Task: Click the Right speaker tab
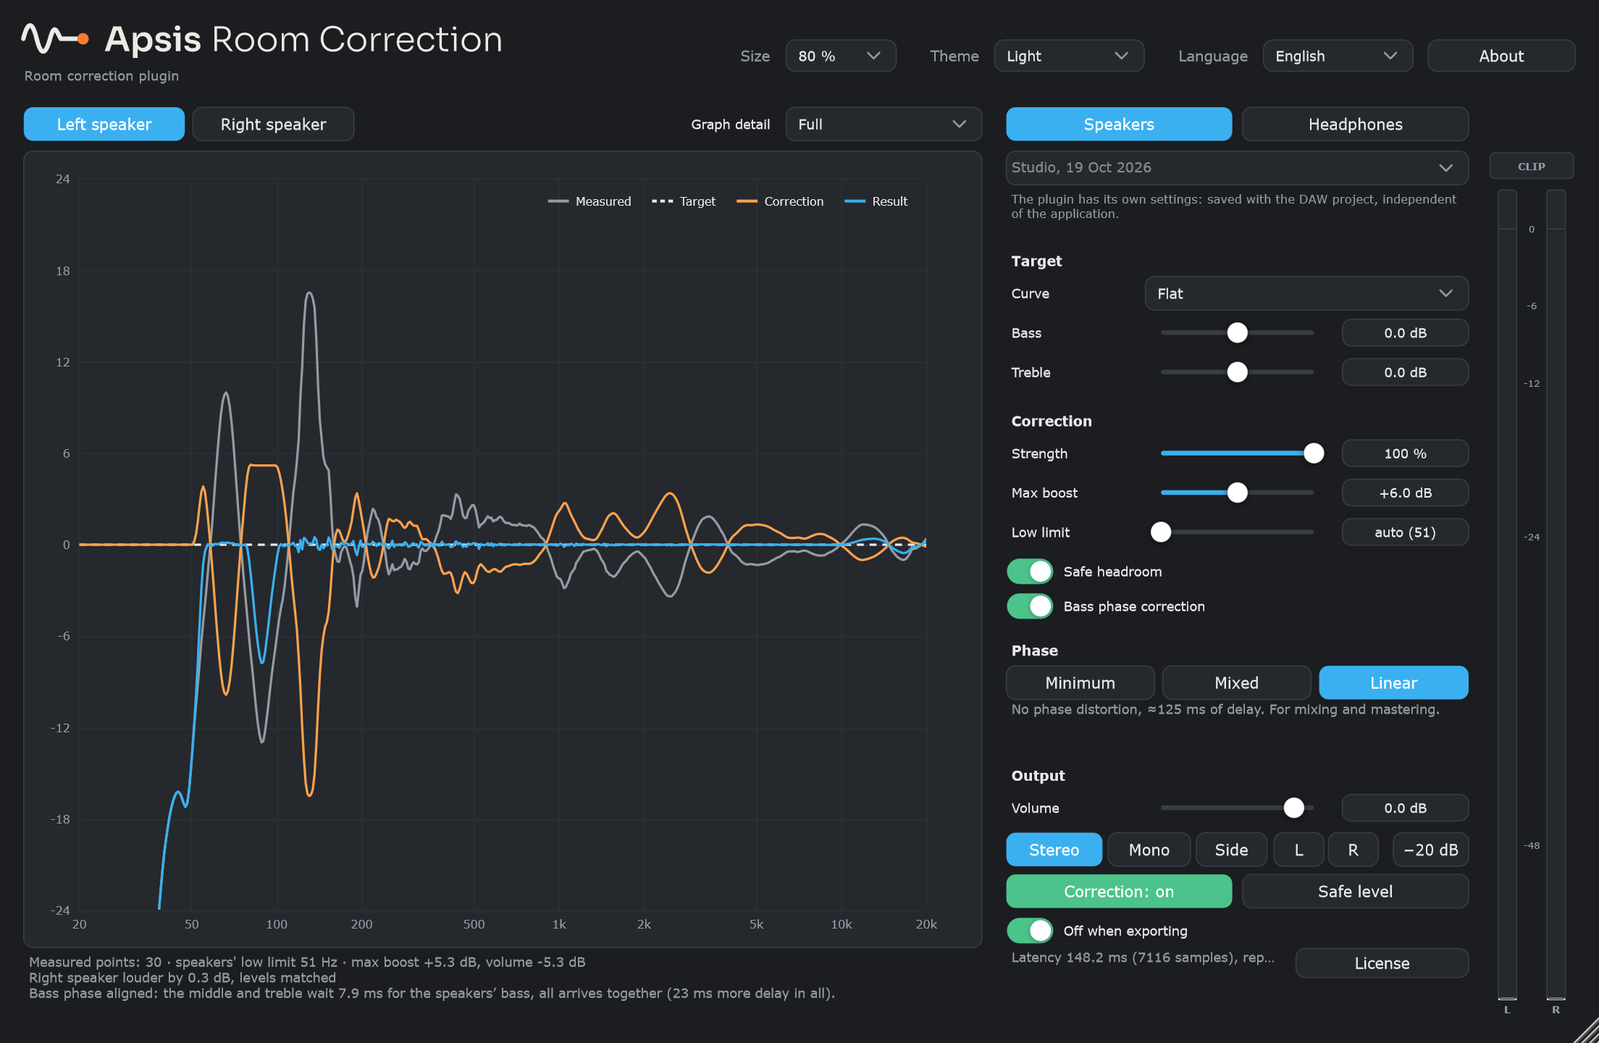[273, 124]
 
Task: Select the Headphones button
[1355, 124]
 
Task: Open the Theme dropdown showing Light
[1069, 56]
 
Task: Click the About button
[1501, 56]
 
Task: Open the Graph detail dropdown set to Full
[884, 124]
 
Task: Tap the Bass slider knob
[1238, 332]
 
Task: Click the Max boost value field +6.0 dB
[1405, 493]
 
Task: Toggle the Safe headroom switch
[1030, 571]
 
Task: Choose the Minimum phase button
[1080, 682]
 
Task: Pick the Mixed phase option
[1236, 682]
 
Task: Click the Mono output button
[1149, 850]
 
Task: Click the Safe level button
[1355, 891]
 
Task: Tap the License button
[1382, 963]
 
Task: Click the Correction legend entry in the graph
[780, 201]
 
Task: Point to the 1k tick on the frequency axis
[559, 924]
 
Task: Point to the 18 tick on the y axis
[63, 271]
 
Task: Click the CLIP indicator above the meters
[1531, 166]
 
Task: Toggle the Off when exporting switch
[1030, 931]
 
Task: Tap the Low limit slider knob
[1161, 532]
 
